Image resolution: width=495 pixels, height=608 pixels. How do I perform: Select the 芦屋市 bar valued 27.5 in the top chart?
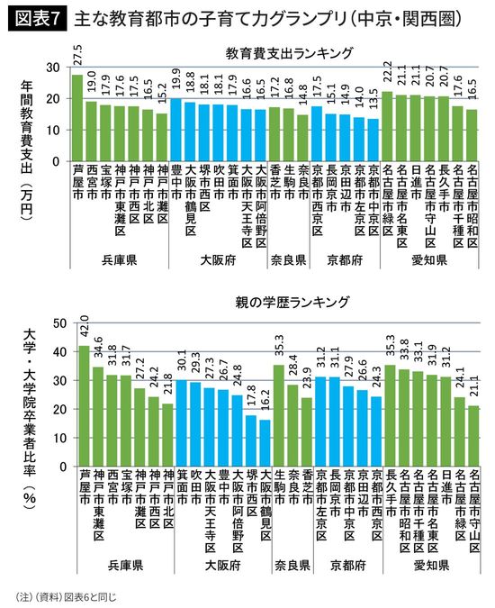77,118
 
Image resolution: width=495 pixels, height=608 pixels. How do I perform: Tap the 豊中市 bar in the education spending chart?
176,130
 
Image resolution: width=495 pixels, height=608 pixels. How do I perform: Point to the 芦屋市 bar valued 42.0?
85,402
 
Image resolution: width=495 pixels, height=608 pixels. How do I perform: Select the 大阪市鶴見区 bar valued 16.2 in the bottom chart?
265,439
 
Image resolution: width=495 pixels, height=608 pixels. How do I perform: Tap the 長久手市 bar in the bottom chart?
390,411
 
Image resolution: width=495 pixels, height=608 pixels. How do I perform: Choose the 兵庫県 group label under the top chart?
119,260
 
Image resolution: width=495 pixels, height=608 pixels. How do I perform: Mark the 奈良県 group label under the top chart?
289,260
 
